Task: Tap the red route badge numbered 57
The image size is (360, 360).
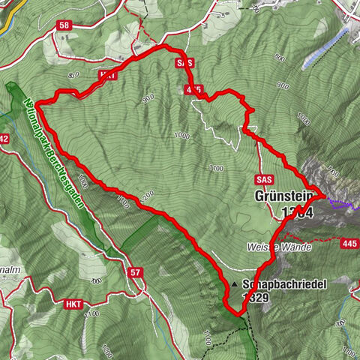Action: click(x=135, y=272)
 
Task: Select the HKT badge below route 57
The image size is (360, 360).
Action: click(x=73, y=304)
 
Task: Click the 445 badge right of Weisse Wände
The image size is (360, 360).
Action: click(x=349, y=243)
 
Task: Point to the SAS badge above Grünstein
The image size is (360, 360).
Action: click(x=263, y=180)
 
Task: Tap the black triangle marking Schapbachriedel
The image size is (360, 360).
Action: click(x=235, y=285)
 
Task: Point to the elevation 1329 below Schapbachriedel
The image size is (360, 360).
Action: click(x=255, y=297)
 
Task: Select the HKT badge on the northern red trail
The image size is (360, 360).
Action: click(x=106, y=75)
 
